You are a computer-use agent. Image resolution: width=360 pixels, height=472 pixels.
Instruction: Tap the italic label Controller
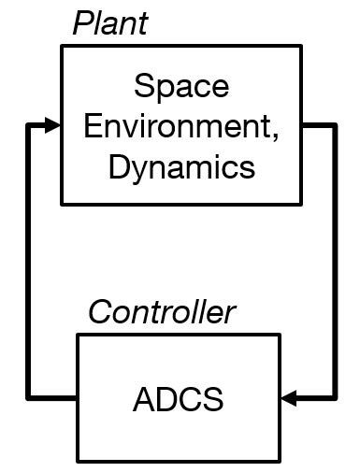[x=161, y=313]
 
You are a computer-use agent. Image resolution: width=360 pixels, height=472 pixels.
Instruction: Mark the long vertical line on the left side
[x=31, y=262]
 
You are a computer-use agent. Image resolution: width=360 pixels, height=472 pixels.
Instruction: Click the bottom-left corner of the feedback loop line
[x=31, y=399]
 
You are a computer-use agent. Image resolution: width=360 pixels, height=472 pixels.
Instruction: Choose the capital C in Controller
[x=98, y=313]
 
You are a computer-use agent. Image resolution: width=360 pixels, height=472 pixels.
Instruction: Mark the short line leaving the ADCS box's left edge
[x=53, y=399]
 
